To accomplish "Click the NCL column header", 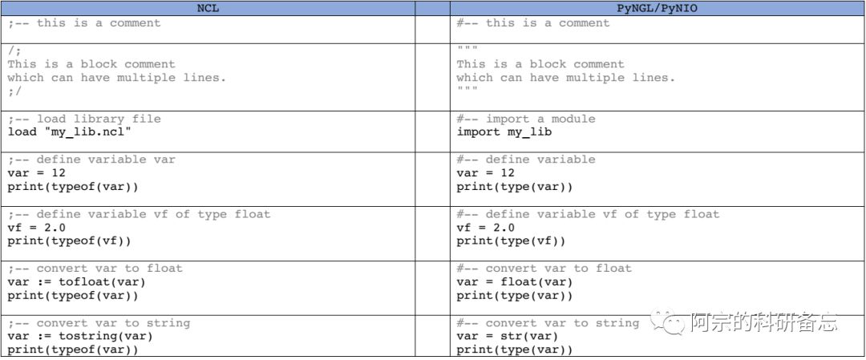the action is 208,8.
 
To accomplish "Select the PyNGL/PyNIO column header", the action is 657,8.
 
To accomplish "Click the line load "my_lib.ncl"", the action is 69,132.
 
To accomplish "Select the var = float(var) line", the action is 515,282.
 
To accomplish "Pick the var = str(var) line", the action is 507,337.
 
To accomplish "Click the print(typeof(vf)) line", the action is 69,241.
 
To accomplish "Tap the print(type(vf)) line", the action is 511,241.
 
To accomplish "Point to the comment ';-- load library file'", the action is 84,119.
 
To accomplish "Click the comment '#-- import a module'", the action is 526,119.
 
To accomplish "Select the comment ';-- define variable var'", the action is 91,160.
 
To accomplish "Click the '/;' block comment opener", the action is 14,50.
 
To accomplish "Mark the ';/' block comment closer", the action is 14,91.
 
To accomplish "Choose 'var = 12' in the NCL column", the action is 36,173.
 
